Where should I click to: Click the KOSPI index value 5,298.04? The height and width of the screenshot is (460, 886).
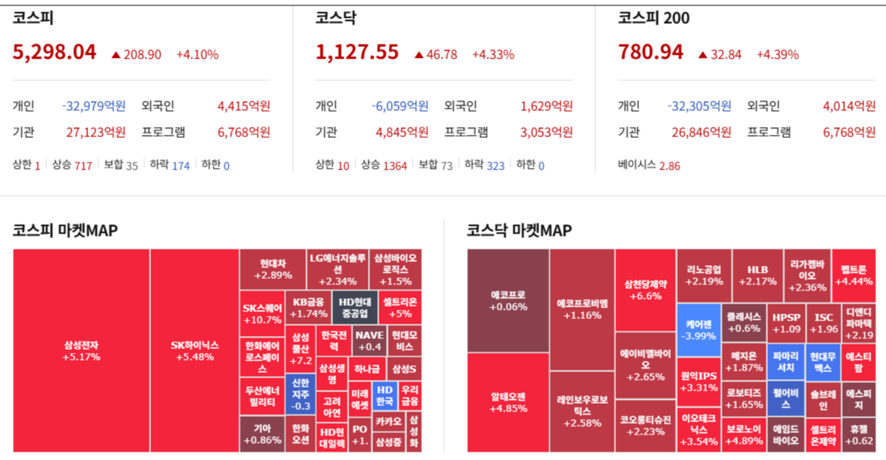54,52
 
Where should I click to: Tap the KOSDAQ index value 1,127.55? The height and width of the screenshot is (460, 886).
357,52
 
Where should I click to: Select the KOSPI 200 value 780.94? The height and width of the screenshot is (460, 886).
651,52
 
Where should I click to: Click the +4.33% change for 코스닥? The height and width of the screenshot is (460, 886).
493,55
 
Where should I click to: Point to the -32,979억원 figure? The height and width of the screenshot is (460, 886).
93,106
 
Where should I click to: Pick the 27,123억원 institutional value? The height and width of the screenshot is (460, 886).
96,133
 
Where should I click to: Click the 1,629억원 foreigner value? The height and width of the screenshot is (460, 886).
547,106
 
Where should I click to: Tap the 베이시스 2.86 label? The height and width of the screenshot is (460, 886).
648,166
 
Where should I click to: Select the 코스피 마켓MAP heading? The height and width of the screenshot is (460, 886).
65,230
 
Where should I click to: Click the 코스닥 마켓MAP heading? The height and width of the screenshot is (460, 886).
519,230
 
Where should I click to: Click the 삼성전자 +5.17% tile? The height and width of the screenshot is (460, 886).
81,351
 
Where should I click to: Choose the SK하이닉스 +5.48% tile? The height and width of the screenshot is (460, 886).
194,351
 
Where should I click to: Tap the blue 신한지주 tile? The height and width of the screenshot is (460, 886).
300,394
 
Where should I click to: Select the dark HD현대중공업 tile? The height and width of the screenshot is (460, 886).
355,307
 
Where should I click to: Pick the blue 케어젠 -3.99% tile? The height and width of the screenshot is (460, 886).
699,329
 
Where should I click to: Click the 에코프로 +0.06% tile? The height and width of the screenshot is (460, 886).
508,301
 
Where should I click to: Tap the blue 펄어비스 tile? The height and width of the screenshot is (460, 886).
785,398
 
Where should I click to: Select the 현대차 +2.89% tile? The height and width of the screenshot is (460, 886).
273,269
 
